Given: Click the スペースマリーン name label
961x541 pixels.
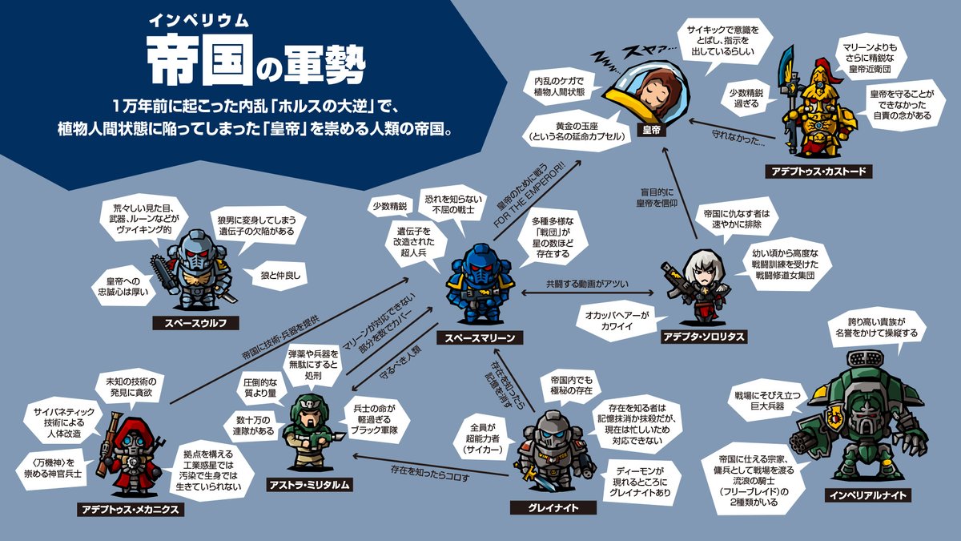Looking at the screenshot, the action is pos(480,338).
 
